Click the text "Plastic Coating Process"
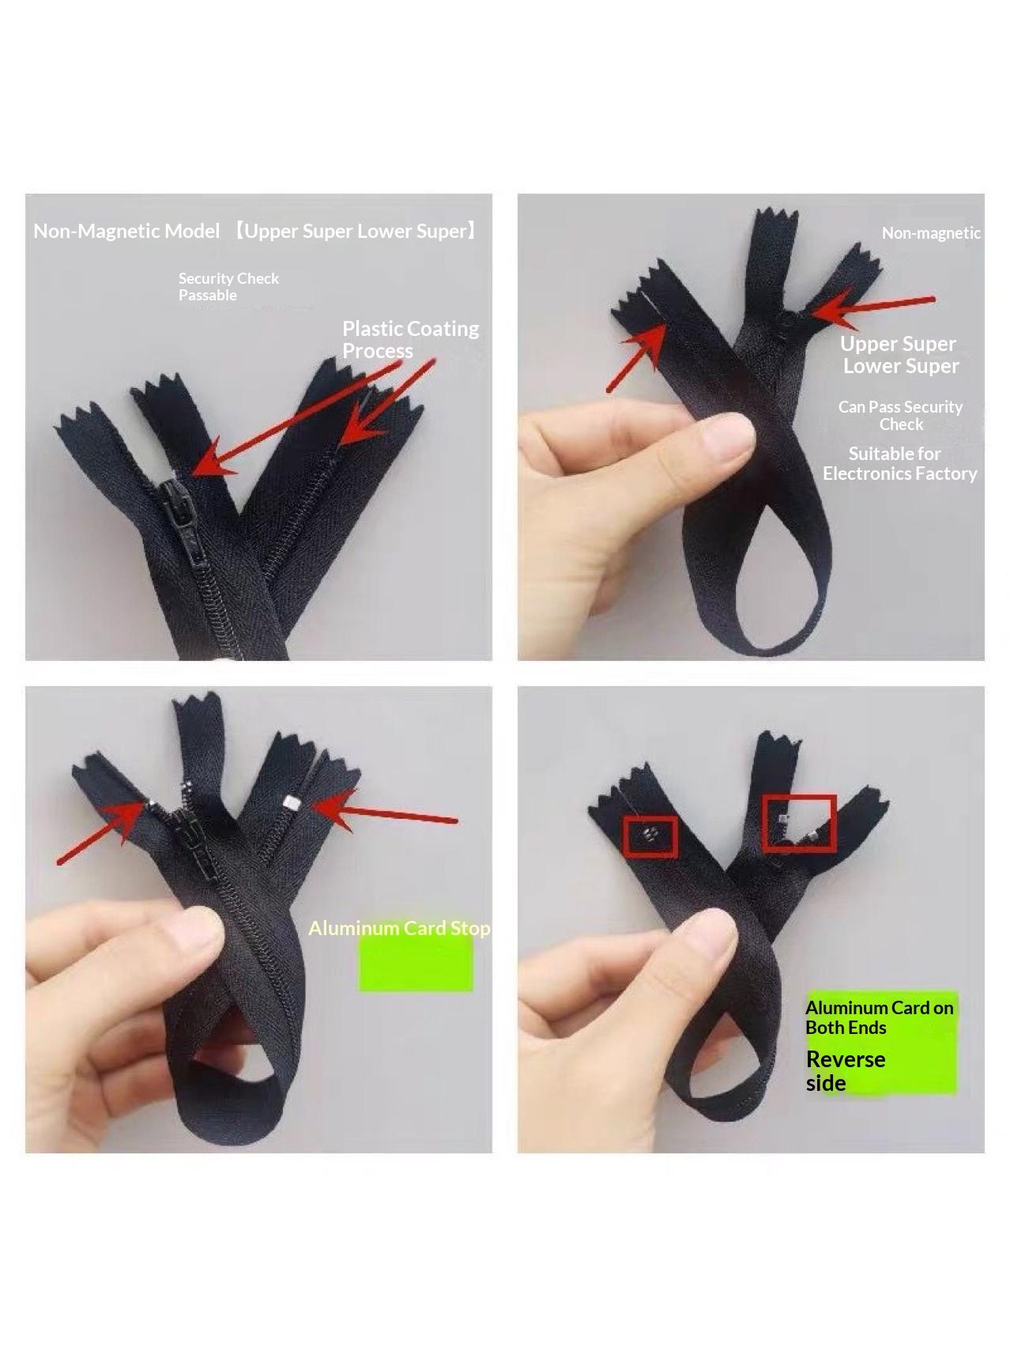click(410, 339)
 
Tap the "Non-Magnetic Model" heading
click(126, 231)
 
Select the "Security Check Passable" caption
click(228, 286)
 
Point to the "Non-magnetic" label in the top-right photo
click(931, 232)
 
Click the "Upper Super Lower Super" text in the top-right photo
click(899, 354)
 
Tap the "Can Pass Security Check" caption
click(900, 415)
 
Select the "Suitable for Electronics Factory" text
click(899, 463)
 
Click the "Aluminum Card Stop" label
click(399, 928)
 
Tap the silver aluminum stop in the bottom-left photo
click(290, 803)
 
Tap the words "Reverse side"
click(846, 1070)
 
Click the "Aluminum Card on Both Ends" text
click(880, 1017)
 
